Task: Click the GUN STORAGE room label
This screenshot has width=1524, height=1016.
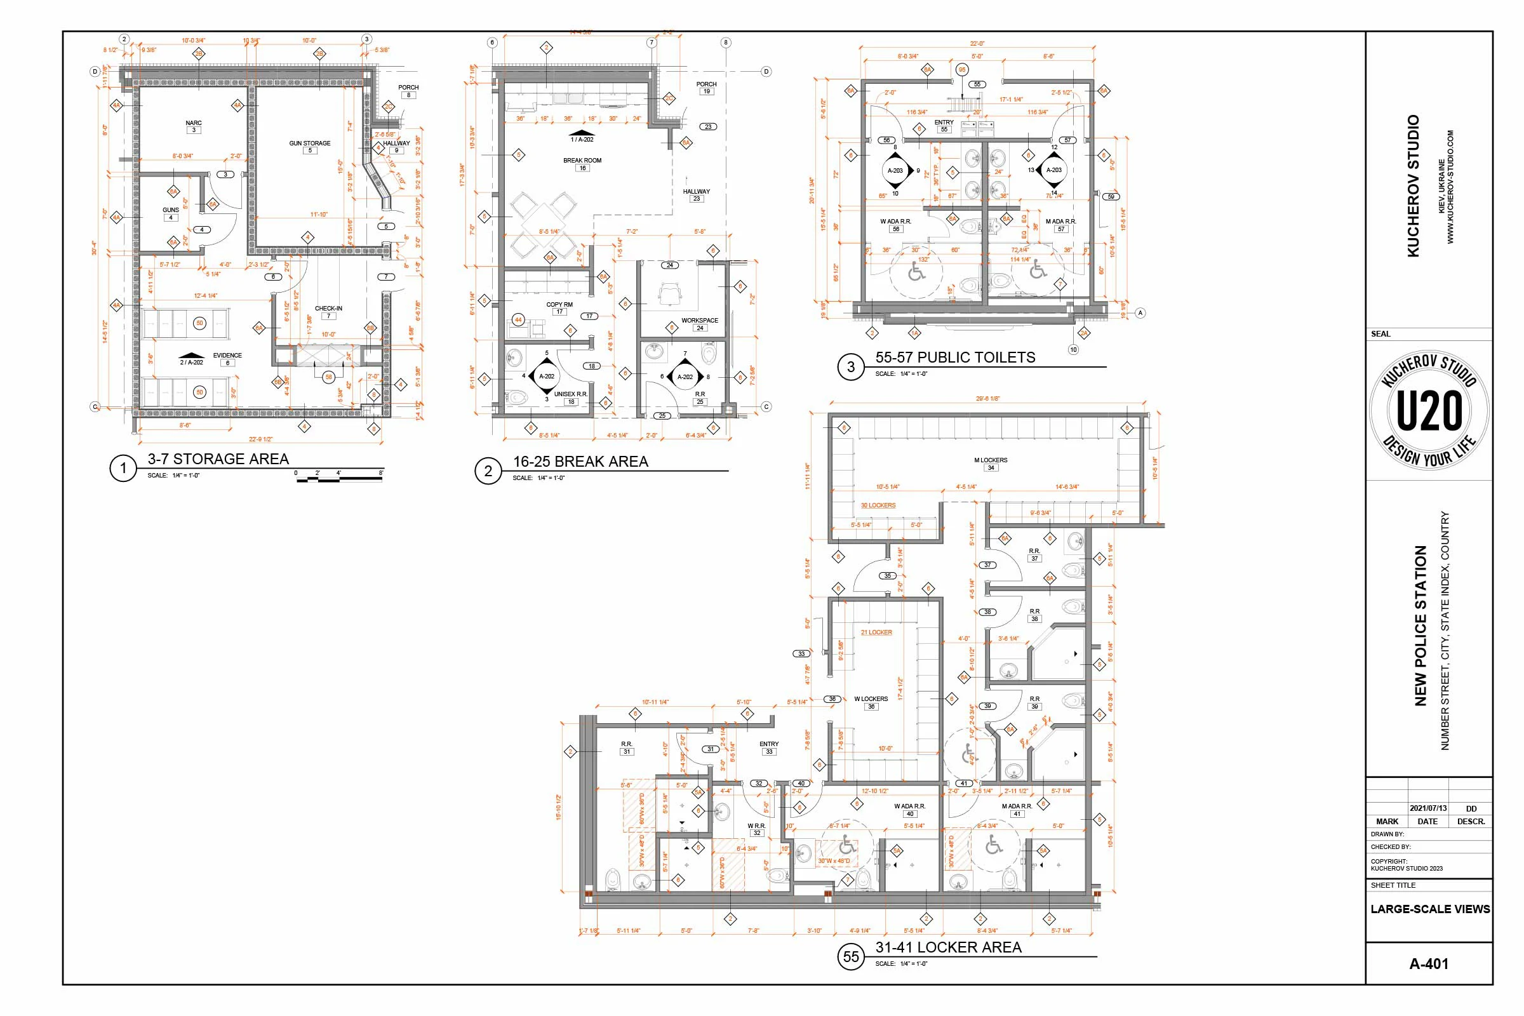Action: click(310, 144)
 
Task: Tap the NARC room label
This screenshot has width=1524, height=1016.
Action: click(193, 123)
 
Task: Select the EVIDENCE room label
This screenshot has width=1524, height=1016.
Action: click(227, 356)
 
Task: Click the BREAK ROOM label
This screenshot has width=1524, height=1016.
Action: click(582, 161)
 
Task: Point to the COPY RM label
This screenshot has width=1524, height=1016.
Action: click(559, 305)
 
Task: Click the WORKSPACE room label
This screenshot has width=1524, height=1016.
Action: click(699, 321)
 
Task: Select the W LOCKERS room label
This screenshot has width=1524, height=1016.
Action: click(871, 699)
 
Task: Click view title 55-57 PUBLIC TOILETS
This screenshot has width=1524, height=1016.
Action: click(954, 358)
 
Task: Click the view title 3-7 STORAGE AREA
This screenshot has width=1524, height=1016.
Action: click(218, 459)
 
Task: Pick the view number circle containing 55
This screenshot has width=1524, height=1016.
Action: click(851, 957)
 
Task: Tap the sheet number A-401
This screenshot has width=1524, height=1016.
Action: click(1428, 963)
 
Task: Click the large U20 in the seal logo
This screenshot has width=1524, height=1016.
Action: click(1429, 411)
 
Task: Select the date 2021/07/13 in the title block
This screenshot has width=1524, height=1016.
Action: click(1427, 808)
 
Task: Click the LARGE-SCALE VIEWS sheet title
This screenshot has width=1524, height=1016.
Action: click(1429, 909)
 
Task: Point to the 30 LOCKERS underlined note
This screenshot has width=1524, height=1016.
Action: click(878, 505)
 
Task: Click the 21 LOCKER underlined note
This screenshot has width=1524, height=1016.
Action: click(876, 632)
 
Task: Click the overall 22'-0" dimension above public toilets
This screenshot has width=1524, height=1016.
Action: click(977, 44)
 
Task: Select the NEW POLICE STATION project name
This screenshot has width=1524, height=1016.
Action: click(1420, 625)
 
